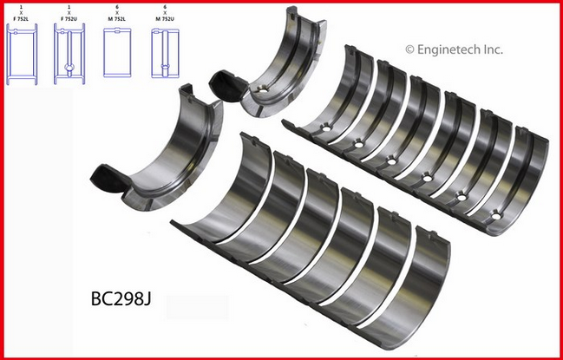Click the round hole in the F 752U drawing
pos(69,66)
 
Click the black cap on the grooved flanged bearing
pos(227,85)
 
